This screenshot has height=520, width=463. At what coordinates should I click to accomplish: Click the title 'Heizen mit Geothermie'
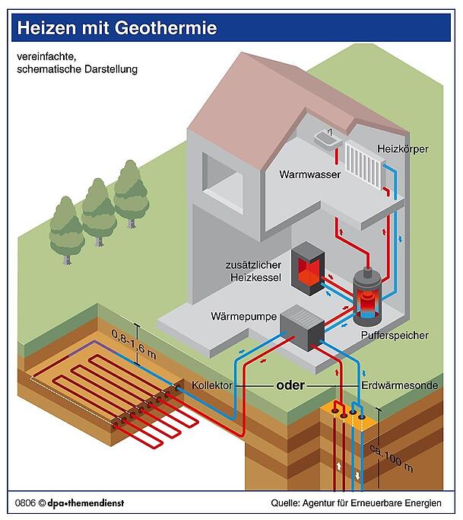117,28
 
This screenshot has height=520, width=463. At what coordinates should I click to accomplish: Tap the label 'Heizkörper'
402,148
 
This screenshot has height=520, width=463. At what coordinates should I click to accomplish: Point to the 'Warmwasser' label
309,174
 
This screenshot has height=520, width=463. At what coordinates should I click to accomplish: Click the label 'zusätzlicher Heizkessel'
253,272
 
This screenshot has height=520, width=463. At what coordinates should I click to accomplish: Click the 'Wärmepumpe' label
243,315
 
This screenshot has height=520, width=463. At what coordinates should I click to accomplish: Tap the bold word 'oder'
290,385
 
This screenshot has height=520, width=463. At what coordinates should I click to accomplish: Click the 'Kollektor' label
212,385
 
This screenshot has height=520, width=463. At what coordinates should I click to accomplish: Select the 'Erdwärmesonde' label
399,385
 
